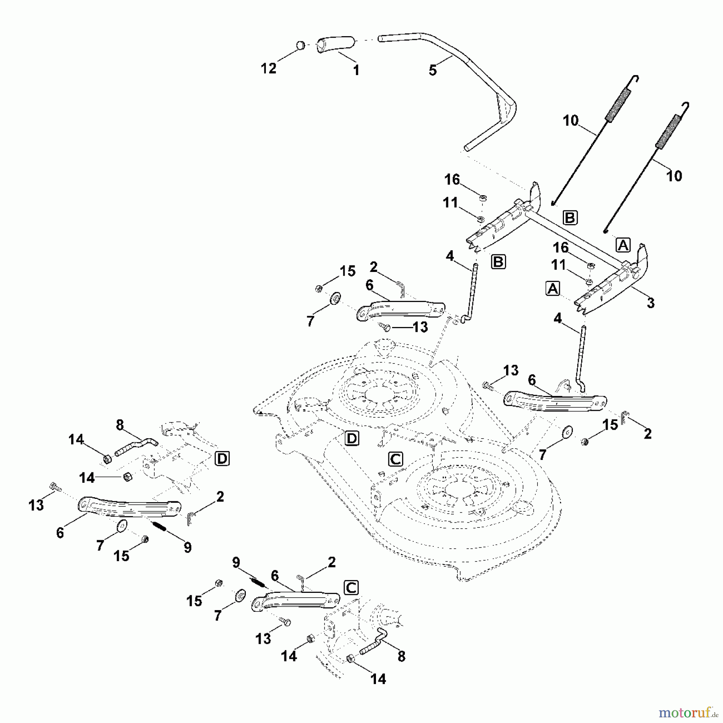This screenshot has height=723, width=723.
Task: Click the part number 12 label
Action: pos(269,69)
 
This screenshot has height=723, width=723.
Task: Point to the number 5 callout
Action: pos(433,71)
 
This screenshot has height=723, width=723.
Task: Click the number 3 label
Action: pos(651,303)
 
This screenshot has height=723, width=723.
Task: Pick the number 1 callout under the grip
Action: pos(356,70)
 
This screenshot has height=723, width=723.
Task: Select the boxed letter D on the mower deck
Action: pos(352,438)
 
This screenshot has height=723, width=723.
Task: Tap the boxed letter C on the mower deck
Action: pos(396,459)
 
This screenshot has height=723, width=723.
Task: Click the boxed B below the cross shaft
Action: pos(498,262)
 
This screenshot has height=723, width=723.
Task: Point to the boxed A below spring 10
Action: pos(623,245)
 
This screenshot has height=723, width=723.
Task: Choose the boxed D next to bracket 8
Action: pos(222,458)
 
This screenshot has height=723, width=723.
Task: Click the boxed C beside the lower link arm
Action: pos(351,588)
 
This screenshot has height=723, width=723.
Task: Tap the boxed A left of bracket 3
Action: pos(553,288)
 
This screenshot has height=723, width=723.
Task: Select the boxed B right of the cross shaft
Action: pos(570,217)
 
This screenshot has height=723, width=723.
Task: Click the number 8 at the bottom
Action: pos(401,656)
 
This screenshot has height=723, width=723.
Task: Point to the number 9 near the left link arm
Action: pos(188,547)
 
